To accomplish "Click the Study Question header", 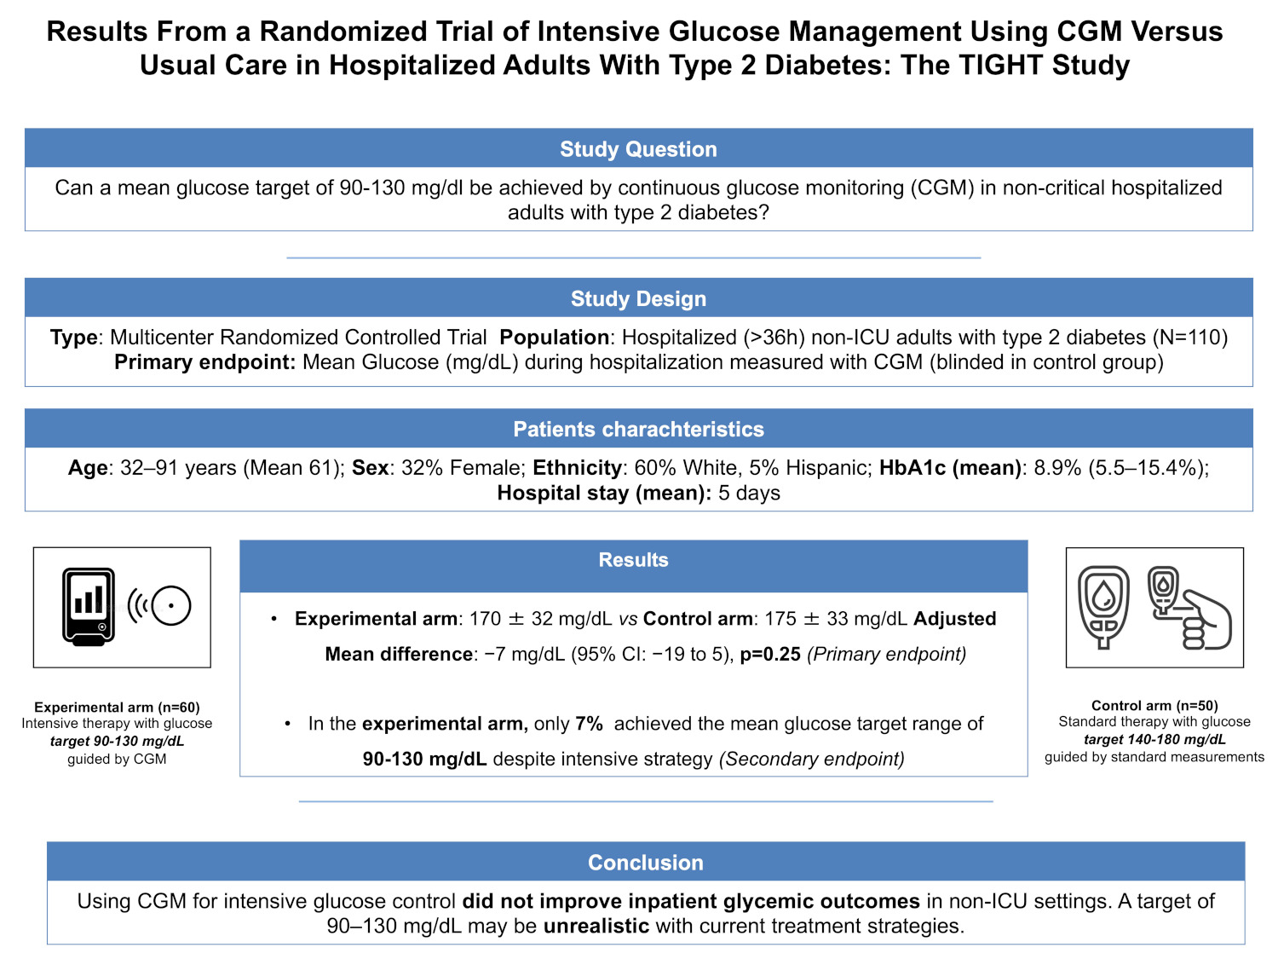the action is tap(638, 149).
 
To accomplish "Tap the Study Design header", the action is tap(638, 298).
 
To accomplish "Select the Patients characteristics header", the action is tap(638, 429).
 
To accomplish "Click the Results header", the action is tap(634, 559).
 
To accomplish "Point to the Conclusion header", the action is tap(646, 863).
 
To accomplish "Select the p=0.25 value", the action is tap(770, 654).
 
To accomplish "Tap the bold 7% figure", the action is tap(590, 724).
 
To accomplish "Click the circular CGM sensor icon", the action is tap(171, 605).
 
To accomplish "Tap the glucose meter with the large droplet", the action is tap(1103, 607).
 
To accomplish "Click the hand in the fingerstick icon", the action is tap(1206, 621).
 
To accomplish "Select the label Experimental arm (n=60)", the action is tap(117, 707).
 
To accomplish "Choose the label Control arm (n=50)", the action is tap(1154, 706).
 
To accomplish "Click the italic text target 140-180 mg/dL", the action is tap(1154, 739).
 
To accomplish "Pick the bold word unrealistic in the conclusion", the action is tap(596, 926).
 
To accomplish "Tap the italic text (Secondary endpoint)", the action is tap(812, 759).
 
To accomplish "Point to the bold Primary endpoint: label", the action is tap(205, 362).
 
